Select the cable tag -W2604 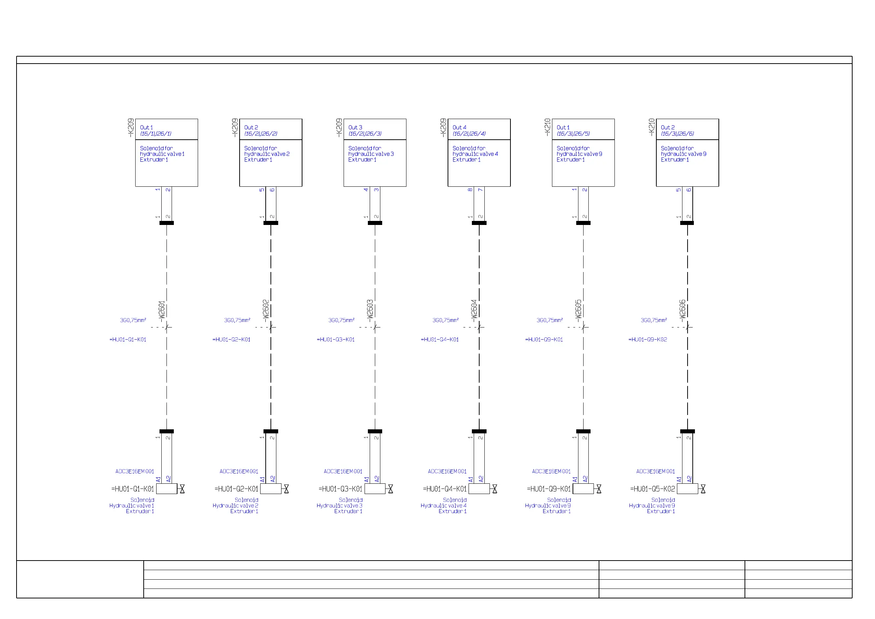click(x=474, y=309)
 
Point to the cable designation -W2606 click(x=682, y=309)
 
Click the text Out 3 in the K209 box click(x=355, y=127)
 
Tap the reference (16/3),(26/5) click(x=573, y=134)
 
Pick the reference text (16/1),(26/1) click(x=155, y=134)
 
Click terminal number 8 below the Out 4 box click(x=470, y=190)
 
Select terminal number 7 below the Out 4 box click(x=481, y=190)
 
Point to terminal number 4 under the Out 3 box click(x=366, y=190)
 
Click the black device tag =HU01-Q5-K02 click(x=652, y=489)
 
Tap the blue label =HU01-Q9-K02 click(x=648, y=340)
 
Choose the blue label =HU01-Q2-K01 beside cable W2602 click(x=231, y=340)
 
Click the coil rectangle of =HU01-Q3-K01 click(x=374, y=489)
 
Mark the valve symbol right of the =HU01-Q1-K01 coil click(x=182, y=489)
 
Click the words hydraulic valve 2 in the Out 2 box click(x=267, y=154)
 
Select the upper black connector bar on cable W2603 click(x=375, y=223)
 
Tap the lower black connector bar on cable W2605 click(x=583, y=432)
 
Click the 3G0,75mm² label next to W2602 click(x=237, y=321)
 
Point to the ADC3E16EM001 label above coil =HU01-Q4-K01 click(x=447, y=472)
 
